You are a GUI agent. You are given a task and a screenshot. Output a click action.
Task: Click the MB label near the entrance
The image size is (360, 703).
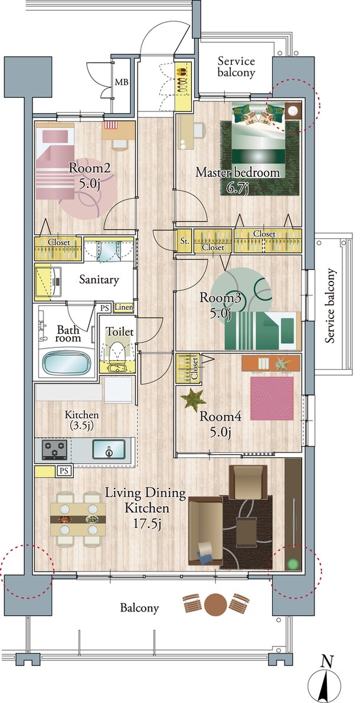pyautogui.click(x=121, y=83)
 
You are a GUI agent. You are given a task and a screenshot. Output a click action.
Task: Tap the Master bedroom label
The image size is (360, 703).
pyautogui.click(x=238, y=172)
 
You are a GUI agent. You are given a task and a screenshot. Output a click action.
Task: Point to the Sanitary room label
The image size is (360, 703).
pyautogui.click(x=99, y=280)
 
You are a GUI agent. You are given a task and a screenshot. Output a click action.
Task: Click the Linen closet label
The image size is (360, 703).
pyautogui.click(x=123, y=308)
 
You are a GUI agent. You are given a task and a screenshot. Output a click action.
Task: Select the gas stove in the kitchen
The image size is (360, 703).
pyautogui.click(x=55, y=449)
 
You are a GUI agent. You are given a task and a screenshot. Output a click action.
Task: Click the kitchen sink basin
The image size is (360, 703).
pyautogui.click(x=109, y=449)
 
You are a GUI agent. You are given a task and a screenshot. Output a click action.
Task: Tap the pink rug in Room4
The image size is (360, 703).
pyautogui.click(x=271, y=399)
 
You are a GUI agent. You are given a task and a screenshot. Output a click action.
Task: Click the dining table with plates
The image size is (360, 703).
pyautogui.click(x=78, y=519)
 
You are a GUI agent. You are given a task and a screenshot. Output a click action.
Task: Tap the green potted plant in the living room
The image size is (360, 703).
pyautogui.click(x=293, y=563)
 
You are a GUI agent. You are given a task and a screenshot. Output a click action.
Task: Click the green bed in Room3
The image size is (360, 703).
pyautogui.click(x=263, y=331)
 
